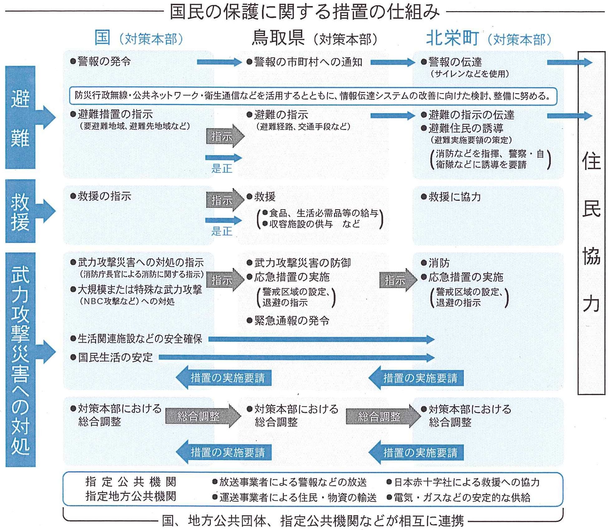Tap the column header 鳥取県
pyautogui.click(x=278, y=38)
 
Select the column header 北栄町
pyautogui.click(x=452, y=38)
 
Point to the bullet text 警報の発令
pyautogui.click(x=104, y=61)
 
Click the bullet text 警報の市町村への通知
pyautogui.click(x=308, y=62)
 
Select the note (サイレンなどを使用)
pyautogui.click(x=469, y=74)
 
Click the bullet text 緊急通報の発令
pyautogui.click(x=292, y=320)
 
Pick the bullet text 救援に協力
pyautogui.click(x=454, y=197)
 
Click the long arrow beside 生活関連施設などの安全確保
pyautogui.click(x=321, y=339)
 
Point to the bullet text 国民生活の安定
pyautogui.click(x=115, y=357)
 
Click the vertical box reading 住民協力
pyautogui.click(x=591, y=223)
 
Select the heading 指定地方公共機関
pyautogui.click(x=131, y=496)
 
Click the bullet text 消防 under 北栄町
pyautogui.click(x=439, y=263)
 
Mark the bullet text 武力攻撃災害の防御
pyautogui.click(x=302, y=263)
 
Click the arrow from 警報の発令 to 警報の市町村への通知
pyautogui.click(x=219, y=62)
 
